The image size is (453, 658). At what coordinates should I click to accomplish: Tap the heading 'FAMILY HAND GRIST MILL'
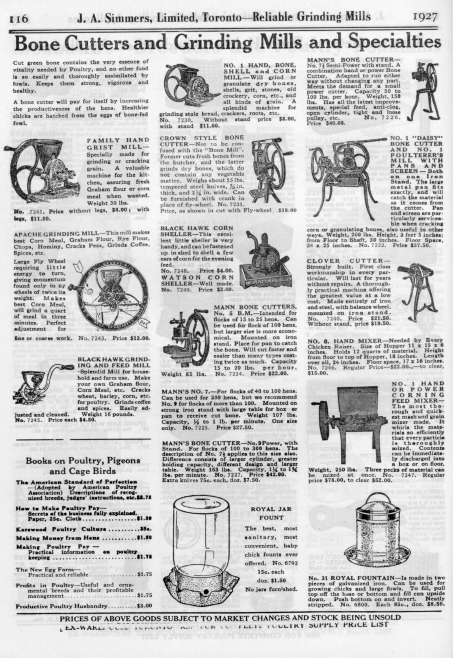(x=118, y=144)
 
